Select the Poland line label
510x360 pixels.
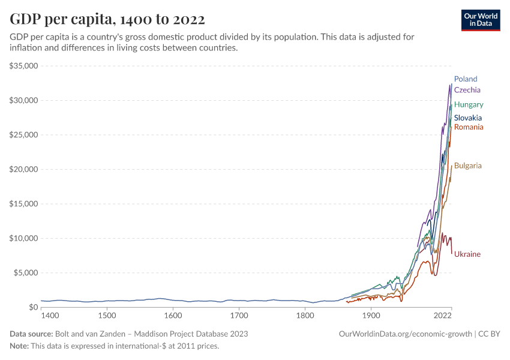(x=466, y=79)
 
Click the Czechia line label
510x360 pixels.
(x=467, y=90)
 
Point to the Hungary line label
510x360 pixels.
(x=469, y=104)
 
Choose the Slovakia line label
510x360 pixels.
(x=468, y=118)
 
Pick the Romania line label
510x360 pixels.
(x=469, y=127)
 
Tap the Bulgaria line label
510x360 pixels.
(x=468, y=166)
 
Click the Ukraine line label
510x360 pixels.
(x=467, y=254)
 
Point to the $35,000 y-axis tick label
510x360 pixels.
(x=24, y=65)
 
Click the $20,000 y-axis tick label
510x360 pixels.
(x=24, y=169)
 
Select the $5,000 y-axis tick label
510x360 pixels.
(x=26, y=272)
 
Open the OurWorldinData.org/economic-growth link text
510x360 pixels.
(x=406, y=334)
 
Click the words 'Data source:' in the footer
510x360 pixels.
(x=31, y=334)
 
